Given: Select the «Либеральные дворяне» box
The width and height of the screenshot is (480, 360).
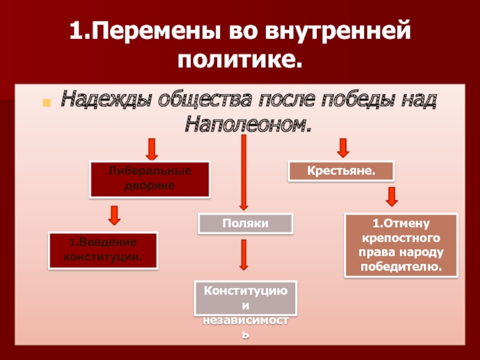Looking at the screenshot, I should point(150,179).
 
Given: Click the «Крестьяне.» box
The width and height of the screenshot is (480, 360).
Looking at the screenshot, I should point(341,171).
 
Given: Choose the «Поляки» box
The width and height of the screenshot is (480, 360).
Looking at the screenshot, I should point(245,223).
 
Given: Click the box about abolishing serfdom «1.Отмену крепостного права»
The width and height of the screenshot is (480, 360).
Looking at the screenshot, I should point(401,245).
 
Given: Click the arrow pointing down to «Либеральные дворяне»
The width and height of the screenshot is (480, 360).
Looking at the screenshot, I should point(152,148).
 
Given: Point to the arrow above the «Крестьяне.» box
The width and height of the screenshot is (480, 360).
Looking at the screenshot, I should point(343,147).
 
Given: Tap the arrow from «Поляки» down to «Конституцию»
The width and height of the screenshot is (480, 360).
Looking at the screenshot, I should point(244,254).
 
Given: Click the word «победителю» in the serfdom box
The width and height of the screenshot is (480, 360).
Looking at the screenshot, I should point(401,266).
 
